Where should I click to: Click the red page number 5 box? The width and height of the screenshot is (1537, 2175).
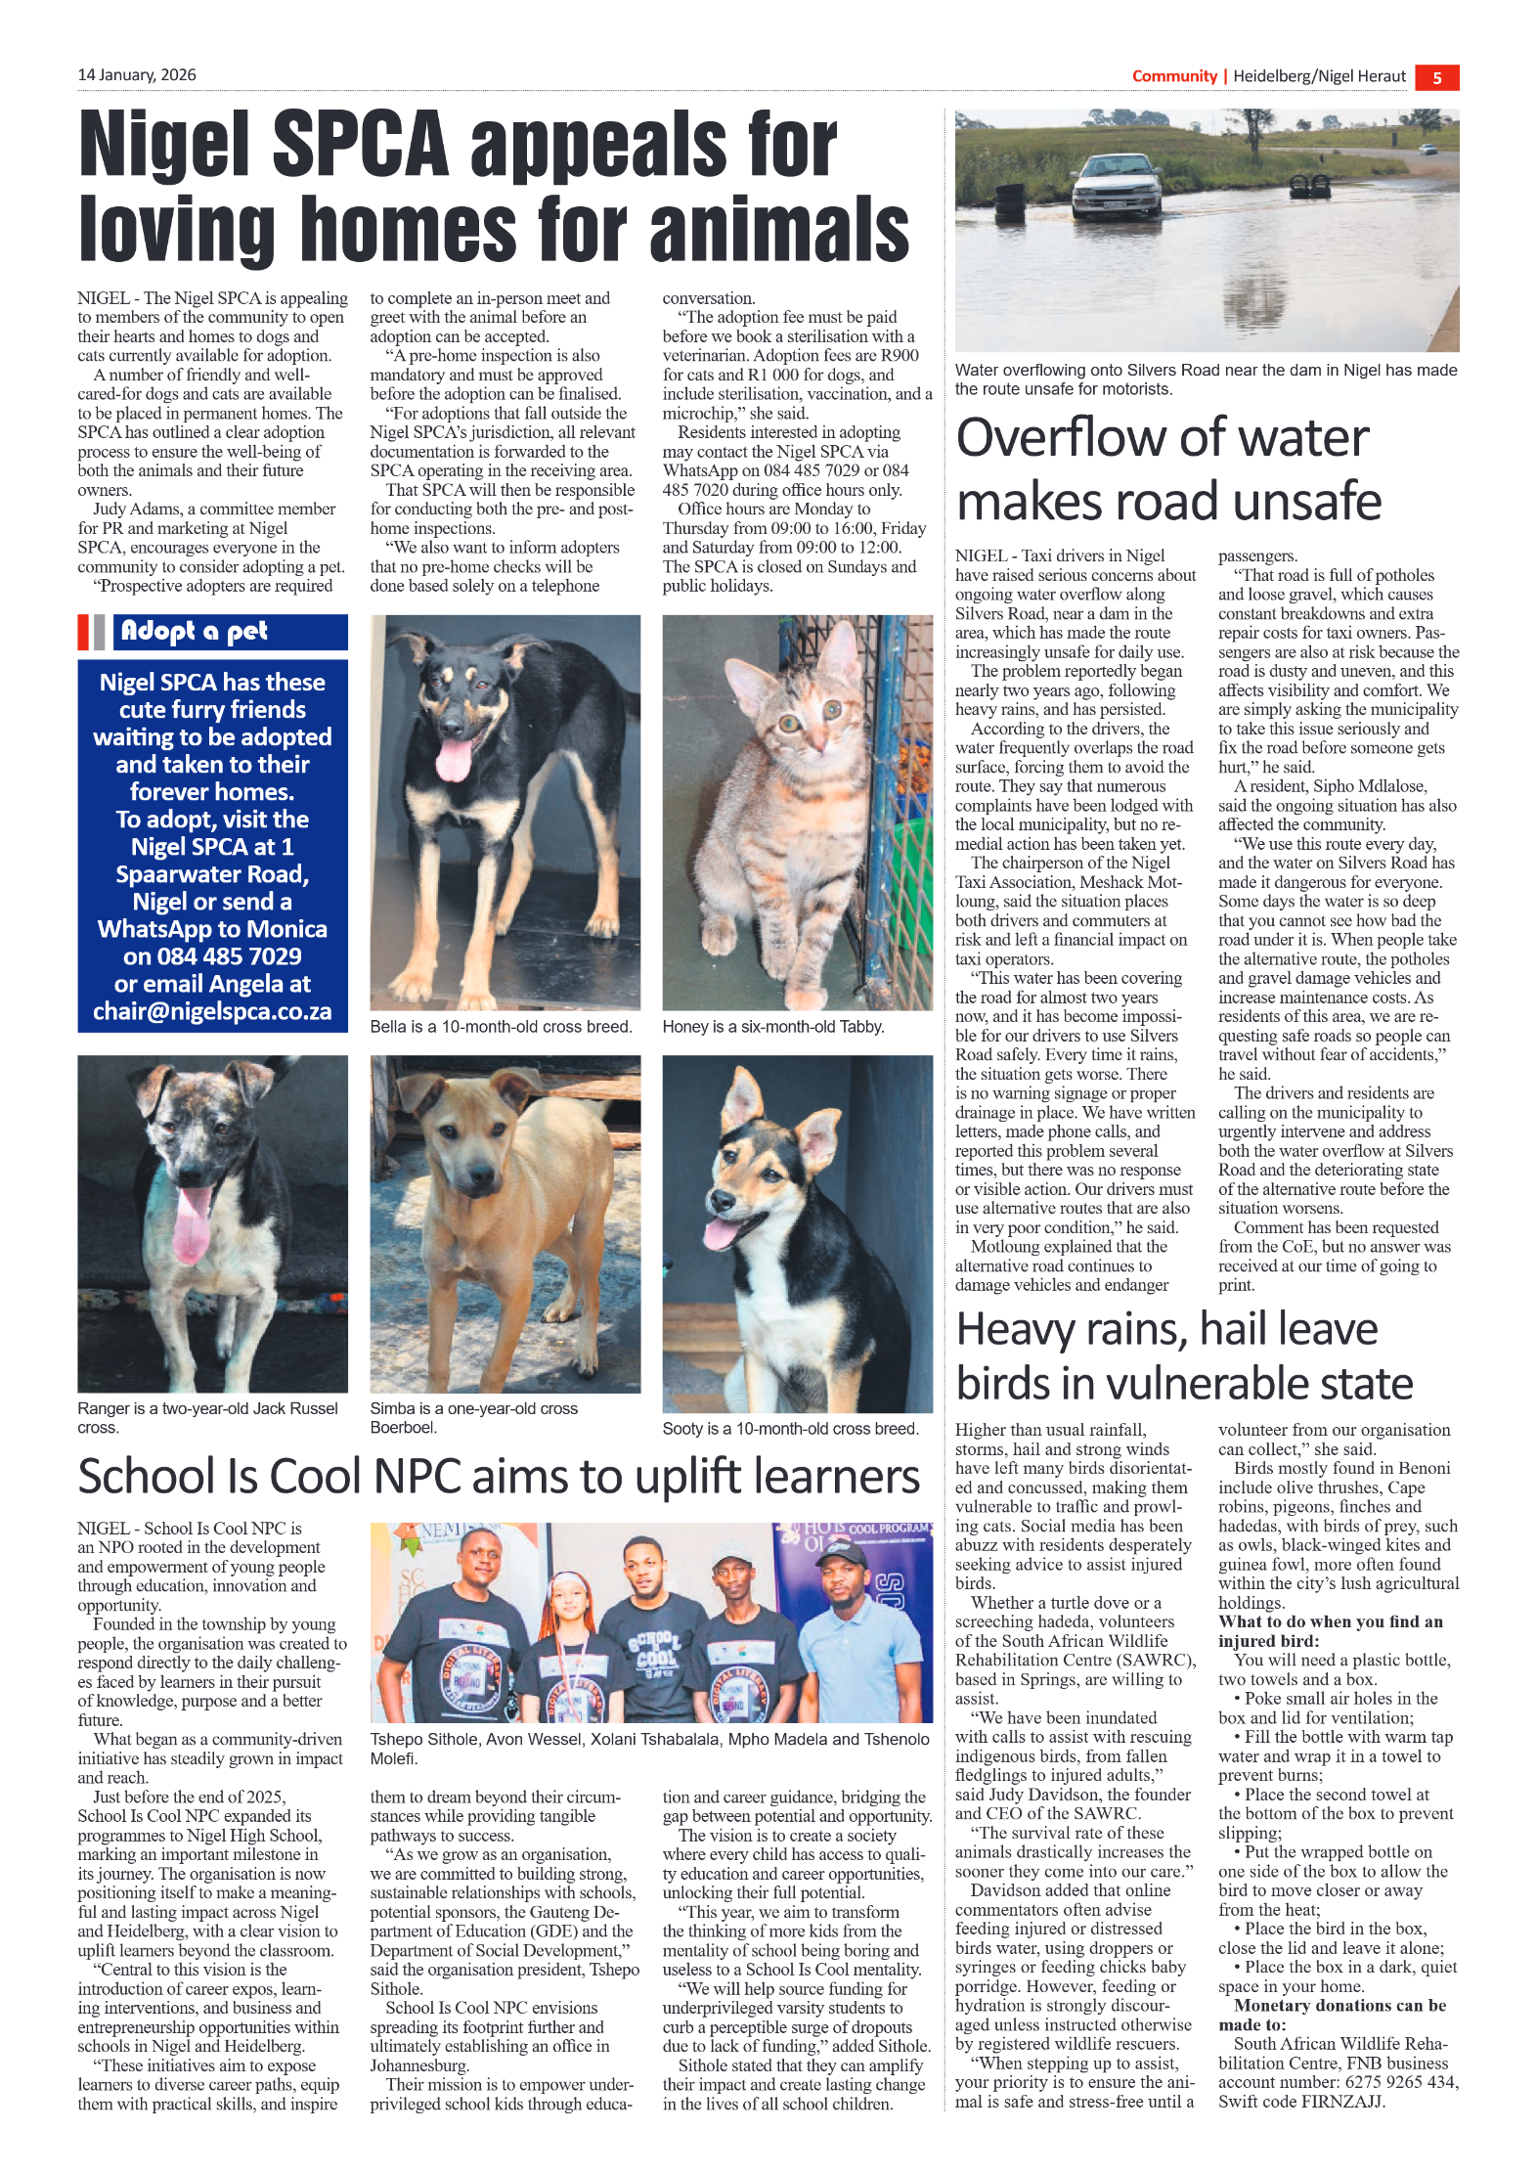(x=1435, y=78)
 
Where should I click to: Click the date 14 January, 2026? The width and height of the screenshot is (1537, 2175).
(x=137, y=75)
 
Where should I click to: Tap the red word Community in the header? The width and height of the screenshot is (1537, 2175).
(x=1173, y=76)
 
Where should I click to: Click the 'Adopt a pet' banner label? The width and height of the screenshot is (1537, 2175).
(x=195, y=631)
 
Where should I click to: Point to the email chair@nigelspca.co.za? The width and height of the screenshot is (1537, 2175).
(x=212, y=1011)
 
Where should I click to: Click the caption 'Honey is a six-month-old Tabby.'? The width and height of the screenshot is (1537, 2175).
(x=772, y=1027)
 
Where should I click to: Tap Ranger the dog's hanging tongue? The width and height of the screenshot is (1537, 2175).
(x=192, y=1226)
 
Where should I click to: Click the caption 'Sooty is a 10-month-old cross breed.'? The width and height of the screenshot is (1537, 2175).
(x=790, y=1429)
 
